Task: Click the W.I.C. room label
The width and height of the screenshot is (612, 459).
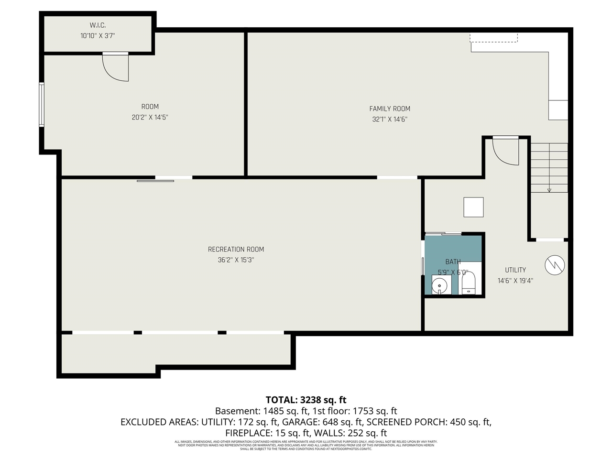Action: pyautogui.click(x=98, y=25)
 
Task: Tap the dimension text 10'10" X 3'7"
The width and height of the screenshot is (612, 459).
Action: pyautogui.click(x=98, y=36)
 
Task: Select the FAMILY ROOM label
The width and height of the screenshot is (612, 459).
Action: pyautogui.click(x=390, y=109)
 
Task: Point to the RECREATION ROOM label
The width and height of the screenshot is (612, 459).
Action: pyautogui.click(x=236, y=249)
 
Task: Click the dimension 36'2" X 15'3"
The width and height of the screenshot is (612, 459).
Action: pyautogui.click(x=236, y=260)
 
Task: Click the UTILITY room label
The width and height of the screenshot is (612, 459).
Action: pyautogui.click(x=515, y=270)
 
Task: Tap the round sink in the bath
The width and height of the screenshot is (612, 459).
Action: pyautogui.click(x=439, y=286)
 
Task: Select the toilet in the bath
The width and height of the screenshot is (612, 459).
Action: pyautogui.click(x=468, y=284)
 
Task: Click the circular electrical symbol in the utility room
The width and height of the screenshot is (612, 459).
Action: pyautogui.click(x=555, y=265)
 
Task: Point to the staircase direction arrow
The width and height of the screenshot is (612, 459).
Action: pyautogui.click(x=549, y=189)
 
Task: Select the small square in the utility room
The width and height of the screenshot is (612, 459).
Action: pyautogui.click(x=473, y=207)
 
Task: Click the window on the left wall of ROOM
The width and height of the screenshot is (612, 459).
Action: pyautogui.click(x=42, y=104)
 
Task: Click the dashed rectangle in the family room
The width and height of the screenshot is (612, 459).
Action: pyautogui.click(x=493, y=37)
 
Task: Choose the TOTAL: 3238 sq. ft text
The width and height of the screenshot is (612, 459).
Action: pyautogui.click(x=306, y=400)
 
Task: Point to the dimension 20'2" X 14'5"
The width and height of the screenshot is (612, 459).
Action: pyautogui.click(x=150, y=117)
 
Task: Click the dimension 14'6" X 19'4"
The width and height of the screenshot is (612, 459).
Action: pyautogui.click(x=515, y=281)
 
